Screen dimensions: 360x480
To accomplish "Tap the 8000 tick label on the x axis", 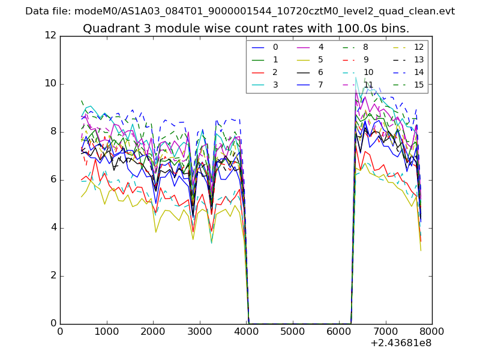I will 432,331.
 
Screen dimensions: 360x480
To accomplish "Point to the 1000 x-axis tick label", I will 106,331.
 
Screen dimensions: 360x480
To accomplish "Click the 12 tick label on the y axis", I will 50,36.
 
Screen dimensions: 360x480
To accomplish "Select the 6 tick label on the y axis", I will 53,180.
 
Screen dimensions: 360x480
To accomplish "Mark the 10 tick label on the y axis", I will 50,84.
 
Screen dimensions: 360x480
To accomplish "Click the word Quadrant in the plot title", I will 107,29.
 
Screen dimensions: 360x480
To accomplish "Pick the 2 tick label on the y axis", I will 53,276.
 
